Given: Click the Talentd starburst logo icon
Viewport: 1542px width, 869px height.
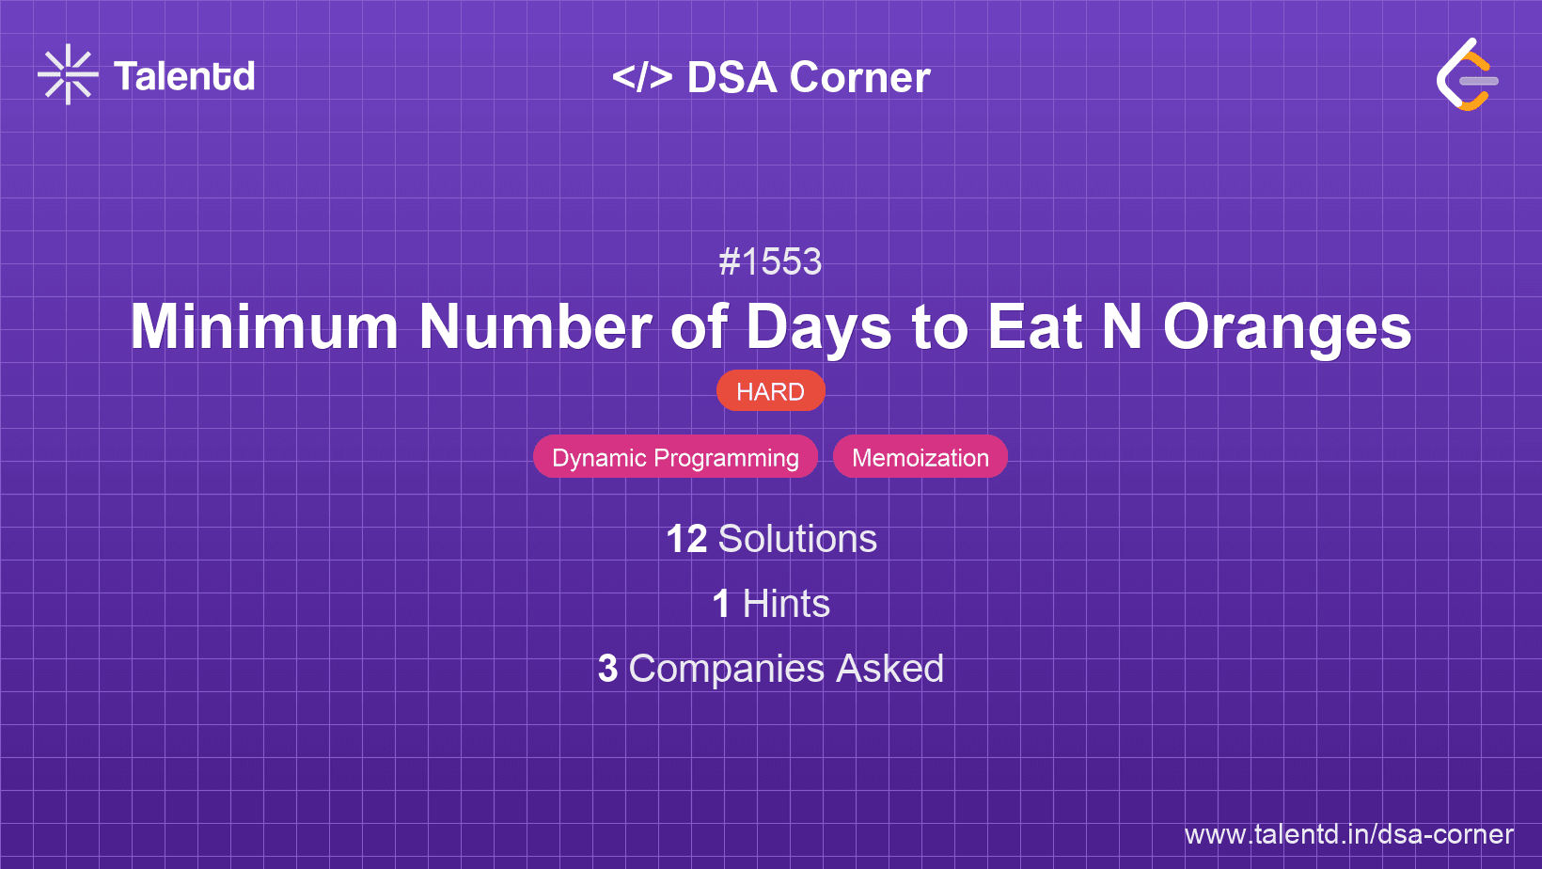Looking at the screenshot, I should click(68, 75).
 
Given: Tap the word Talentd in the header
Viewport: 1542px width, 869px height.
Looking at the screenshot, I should click(184, 76).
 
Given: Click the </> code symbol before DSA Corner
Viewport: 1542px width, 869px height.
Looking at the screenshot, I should click(642, 77).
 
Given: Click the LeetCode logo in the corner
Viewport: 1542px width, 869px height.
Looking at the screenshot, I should click(1467, 74).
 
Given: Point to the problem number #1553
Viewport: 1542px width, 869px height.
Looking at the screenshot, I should click(770, 261).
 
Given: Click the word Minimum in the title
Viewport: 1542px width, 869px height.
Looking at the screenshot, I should click(264, 327).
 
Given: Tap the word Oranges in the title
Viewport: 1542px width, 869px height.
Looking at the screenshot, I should click(1287, 327).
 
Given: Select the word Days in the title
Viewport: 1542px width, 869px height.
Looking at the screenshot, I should click(818, 327).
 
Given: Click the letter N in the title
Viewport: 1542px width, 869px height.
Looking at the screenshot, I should click(1122, 327).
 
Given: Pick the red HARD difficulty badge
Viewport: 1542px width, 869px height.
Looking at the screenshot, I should click(770, 391).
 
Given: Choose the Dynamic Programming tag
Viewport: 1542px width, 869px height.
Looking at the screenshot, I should click(675, 457).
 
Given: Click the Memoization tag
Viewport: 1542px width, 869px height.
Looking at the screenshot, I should click(920, 457).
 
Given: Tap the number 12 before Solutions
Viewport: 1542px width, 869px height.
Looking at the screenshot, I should click(686, 539).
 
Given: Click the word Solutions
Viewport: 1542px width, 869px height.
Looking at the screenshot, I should click(797, 539).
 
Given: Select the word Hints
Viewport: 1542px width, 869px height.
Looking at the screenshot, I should click(786, 604).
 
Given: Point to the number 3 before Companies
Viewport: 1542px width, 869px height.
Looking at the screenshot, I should click(607, 669).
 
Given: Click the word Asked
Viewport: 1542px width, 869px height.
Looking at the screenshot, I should click(889, 669).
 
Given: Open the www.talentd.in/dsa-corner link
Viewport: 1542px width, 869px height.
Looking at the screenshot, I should click(1348, 834).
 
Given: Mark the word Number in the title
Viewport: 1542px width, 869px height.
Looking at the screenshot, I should click(534, 327).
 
